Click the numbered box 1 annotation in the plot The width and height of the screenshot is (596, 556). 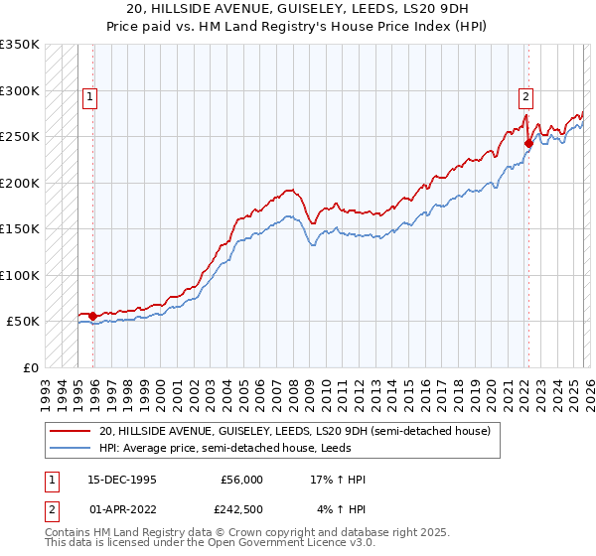click(90, 96)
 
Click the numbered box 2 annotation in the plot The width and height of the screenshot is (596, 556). click(524, 96)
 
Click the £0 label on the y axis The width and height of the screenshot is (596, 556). click(30, 367)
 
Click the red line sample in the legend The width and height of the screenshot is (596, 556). click(71, 432)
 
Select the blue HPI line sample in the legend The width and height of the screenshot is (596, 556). click(71, 448)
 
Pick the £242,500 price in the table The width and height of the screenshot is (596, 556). click(241, 510)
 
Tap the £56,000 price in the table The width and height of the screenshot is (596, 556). click(241, 480)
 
